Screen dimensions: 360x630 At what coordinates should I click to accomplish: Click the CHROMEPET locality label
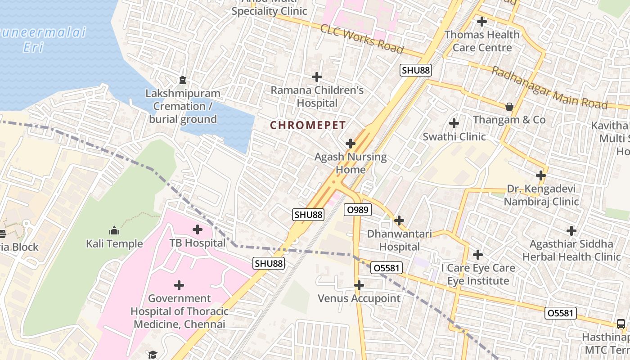(308, 126)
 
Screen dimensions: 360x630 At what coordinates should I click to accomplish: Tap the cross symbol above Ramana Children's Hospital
(317, 77)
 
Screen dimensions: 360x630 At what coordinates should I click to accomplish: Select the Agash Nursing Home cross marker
(350, 144)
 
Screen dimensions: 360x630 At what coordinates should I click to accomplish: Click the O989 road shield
(358, 209)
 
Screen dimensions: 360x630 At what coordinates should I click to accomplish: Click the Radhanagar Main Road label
(549, 88)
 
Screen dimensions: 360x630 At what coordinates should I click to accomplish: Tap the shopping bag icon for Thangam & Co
(509, 107)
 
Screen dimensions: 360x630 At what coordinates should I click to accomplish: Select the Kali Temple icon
(114, 231)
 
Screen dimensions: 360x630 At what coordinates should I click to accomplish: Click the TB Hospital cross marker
(197, 229)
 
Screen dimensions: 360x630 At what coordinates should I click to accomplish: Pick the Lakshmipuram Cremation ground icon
(182, 81)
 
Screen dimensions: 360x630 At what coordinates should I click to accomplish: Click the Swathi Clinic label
(454, 136)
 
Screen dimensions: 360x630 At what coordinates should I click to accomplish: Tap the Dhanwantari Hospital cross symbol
(399, 220)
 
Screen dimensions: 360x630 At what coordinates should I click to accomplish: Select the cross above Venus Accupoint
(359, 285)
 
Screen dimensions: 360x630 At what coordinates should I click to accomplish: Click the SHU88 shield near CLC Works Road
(416, 70)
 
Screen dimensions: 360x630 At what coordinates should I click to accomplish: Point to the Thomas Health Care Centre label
(482, 41)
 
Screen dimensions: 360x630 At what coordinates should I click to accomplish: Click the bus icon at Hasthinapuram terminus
(621, 324)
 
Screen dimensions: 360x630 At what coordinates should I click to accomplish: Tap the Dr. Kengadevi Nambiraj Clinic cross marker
(541, 175)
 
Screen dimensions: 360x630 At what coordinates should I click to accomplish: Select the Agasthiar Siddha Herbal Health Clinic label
(571, 250)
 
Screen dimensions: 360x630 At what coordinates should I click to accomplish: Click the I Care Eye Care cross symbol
(477, 255)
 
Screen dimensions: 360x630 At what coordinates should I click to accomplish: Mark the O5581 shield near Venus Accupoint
(387, 268)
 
